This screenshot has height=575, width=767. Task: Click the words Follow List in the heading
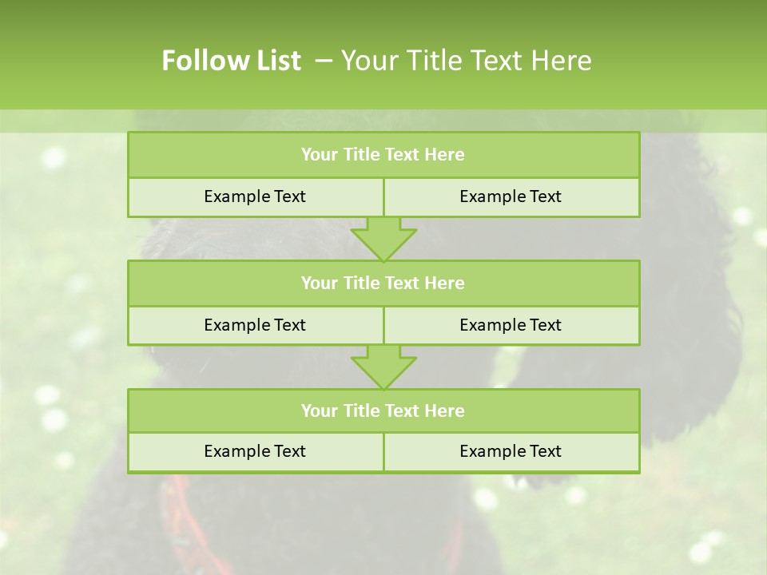(231, 61)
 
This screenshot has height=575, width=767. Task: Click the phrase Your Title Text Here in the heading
(466, 61)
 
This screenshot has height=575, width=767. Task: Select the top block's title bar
(383, 155)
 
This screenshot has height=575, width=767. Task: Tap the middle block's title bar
(383, 283)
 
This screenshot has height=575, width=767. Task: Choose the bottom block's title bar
(383, 410)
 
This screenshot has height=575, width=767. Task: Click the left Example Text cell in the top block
(255, 196)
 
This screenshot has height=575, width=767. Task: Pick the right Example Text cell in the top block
(511, 196)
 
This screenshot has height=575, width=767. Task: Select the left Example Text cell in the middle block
(255, 325)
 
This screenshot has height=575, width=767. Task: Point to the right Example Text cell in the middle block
(511, 325)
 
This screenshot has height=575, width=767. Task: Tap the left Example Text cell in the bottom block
(255, 451)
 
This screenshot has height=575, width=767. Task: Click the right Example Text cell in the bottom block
(511, 451)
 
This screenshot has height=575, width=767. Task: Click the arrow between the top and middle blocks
(383, 239)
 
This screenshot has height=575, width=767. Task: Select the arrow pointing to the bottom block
(383, 367)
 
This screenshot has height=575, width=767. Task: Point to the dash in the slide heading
(324, 61)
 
